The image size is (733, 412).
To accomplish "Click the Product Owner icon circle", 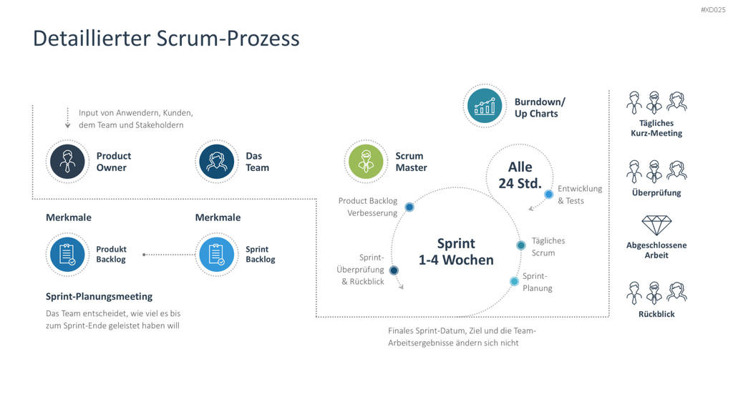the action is [67, 162].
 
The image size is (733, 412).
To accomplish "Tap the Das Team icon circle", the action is [216, 162].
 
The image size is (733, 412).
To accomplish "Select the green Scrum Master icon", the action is [366, 162].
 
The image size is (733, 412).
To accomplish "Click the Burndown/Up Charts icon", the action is [485, 106].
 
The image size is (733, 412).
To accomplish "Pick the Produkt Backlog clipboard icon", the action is [67, 255].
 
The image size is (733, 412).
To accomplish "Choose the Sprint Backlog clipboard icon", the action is [216, 255].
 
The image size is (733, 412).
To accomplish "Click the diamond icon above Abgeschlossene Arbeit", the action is [656, 225].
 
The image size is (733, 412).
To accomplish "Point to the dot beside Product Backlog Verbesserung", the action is [409, 207].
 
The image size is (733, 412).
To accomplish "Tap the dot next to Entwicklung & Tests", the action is [549, 194].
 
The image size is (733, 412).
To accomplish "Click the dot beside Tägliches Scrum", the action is [521, 245].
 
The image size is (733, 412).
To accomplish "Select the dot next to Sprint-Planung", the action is [514, 281].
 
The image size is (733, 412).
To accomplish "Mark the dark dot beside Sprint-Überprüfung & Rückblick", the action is [394, 270].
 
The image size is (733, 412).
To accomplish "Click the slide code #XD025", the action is [713, 10].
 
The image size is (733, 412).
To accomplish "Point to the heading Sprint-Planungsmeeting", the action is [99, 297].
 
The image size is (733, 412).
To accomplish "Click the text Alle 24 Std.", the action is [520, 175].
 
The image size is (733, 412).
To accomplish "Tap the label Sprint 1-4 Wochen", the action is [456, 252].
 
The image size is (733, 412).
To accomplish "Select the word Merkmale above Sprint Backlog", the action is [218, 217].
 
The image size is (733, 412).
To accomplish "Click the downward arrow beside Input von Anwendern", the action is [68, 118].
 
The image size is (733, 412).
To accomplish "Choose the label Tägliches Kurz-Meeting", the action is [656, 128].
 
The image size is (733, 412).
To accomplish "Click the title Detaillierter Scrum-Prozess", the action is [166, 39].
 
